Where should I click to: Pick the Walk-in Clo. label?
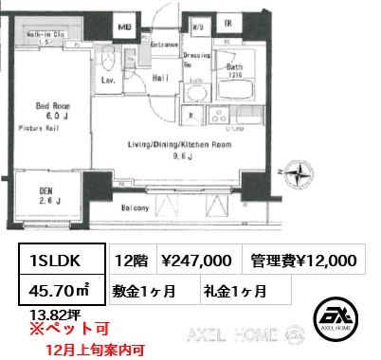pyautogui.click(x=45, y=34)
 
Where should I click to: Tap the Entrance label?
pyautogui.click(x=164, y=45)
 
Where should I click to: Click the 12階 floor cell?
pyautogui.click(x=131, y=260)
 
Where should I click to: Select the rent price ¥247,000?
pyautogui.click(x=198, y=260)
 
